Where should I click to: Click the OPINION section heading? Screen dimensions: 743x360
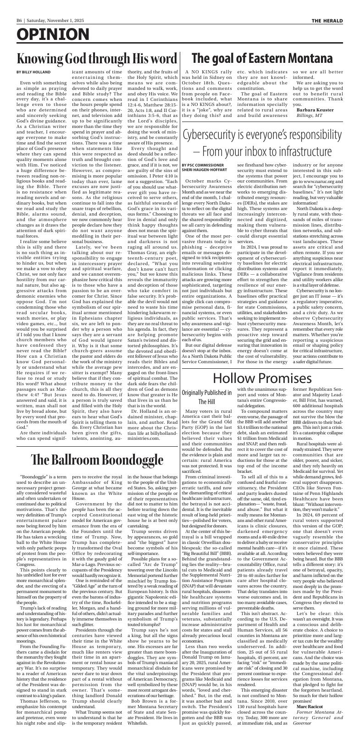(x=53, y=35)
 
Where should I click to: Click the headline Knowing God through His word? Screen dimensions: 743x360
(x=97, y=59)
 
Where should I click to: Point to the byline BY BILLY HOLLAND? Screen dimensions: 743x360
(x=33, y=72)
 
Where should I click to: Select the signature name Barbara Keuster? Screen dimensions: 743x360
(x=315, y=110)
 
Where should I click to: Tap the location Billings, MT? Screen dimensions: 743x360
(x=311, y=116)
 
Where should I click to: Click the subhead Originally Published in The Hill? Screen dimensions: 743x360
(x=206, y=398)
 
